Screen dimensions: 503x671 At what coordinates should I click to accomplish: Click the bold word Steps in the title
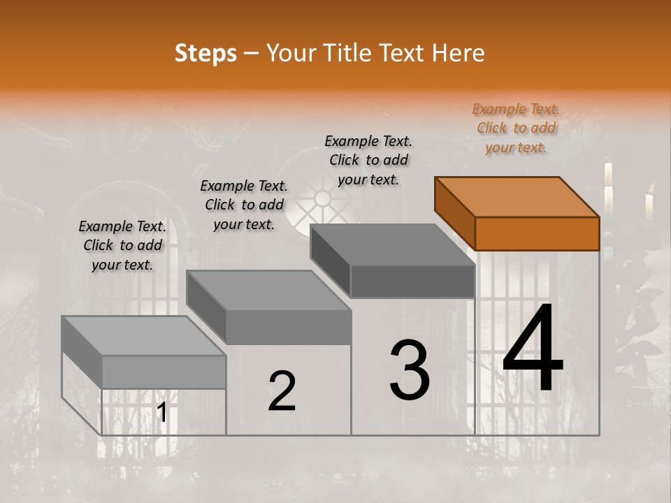[205, 53]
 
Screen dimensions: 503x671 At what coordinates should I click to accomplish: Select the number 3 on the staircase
[410, 370]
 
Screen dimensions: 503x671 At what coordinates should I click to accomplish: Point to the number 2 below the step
[282, 391]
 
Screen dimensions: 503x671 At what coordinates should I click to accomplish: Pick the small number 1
[161, 413]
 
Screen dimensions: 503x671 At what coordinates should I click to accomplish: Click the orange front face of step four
[537, 233]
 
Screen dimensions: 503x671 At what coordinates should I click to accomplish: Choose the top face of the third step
[393, 245]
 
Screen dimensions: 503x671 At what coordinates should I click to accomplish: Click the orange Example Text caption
[516, 129]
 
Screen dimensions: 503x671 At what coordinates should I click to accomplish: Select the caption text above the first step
[122, 245]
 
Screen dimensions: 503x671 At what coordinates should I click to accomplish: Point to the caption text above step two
[244, 205]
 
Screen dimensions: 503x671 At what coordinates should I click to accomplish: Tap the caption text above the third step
[368, 160]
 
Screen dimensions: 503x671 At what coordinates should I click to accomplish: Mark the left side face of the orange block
[454, 209]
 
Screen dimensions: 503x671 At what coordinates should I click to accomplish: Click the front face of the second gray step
[289, 327]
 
